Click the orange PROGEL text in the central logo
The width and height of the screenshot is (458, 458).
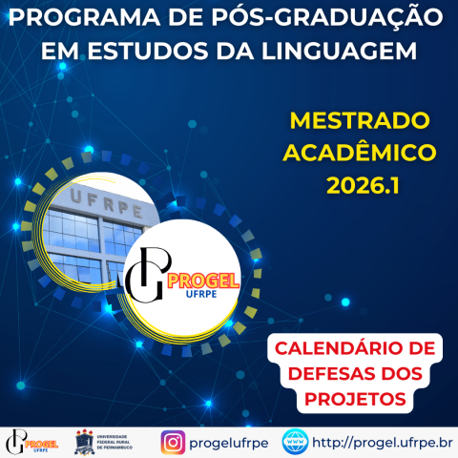203,280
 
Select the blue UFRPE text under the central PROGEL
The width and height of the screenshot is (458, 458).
203,296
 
